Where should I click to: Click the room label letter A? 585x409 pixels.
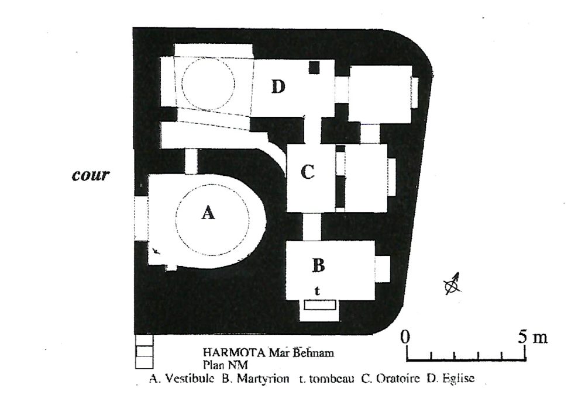point(208,213)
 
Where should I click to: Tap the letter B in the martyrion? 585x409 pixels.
point(318,266)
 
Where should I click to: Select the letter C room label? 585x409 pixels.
point(308,172)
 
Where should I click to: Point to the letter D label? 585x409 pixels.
point(278,87)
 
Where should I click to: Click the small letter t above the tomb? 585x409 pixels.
point(317,291)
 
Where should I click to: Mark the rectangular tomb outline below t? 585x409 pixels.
point(320,305)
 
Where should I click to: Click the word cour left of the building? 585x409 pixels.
point(91,175)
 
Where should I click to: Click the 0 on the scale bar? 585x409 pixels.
point(405,337)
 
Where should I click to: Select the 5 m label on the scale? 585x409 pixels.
point(532,337)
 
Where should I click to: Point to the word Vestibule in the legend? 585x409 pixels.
point(189,379)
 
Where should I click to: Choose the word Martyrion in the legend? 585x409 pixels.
point(263,379)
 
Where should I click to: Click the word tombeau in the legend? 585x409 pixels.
point(332,379)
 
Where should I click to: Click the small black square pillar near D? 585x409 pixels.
point(314,67)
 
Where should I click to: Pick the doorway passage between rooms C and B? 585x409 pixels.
point(312,227)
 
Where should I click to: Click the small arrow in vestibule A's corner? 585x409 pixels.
point(157,251)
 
